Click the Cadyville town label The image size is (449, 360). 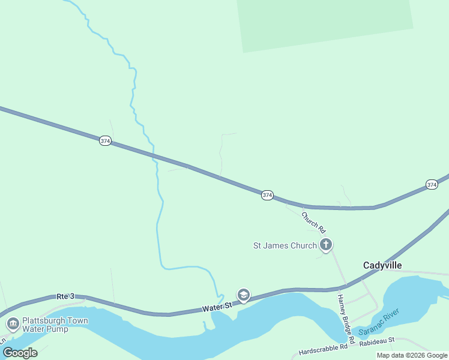(382, 265)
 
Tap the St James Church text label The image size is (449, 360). (285, 245)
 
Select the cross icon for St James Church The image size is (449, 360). (326, 244)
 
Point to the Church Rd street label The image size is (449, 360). (313, 222)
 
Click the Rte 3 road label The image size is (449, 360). (65, 296)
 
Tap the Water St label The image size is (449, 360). (217, 307)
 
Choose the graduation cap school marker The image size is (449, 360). (244, 295)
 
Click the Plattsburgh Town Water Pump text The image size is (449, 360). (55, 325)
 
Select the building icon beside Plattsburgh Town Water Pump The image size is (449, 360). (13, 324)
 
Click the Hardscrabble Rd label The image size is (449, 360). (323, 347)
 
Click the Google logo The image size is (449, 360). (19, 353)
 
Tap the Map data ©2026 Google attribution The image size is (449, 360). (412, 355)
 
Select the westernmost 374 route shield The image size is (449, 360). (105, 141)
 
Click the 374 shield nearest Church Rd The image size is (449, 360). (267, 195)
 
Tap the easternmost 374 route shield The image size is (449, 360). (432, 184)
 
